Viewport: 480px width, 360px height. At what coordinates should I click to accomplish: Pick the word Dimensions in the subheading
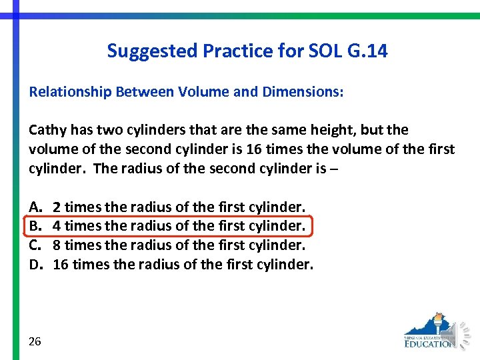(x=303, y=92)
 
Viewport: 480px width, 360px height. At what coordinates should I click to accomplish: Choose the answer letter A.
(x=34, y=207)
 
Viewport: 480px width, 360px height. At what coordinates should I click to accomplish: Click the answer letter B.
(x=34, y=226)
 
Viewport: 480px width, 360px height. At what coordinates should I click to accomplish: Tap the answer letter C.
(x=34, y=245)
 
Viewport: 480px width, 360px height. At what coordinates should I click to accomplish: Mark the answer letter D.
(x=35, y=265)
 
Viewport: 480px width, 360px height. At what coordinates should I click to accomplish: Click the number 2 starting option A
(x=57, y=207)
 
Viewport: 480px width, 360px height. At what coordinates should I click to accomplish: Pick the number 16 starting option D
(x=61, y=265)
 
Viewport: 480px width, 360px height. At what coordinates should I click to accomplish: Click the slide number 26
(x=35, y=341)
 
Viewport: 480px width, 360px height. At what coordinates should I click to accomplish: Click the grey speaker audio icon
(x=464, y=333)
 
